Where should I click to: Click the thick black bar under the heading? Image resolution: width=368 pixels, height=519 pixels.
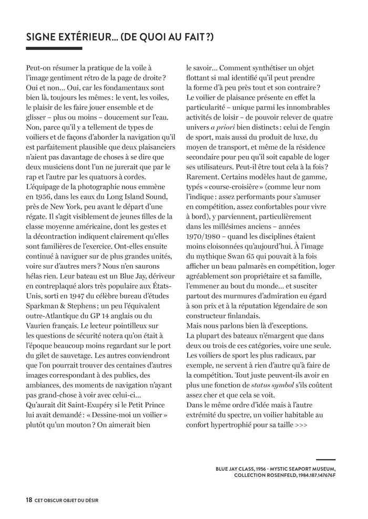tap(54, 48)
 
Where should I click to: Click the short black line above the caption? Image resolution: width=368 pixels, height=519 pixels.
tap(326, 460)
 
